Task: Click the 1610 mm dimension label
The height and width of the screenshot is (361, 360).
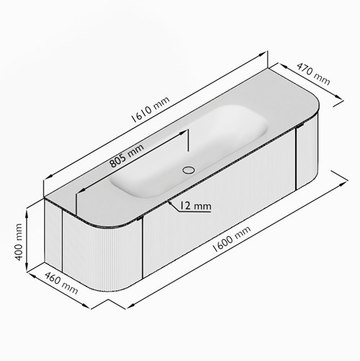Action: coord(150,109)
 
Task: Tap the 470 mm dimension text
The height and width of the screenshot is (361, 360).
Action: coord(313,74)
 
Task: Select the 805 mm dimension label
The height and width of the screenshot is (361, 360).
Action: coord(126,155)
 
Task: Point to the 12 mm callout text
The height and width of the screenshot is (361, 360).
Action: coord(196,206)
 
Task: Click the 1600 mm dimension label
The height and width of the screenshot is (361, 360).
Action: coord(232,239)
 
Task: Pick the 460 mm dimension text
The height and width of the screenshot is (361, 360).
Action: coord(61,283)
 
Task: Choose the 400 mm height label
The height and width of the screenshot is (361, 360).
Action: coord(19,242)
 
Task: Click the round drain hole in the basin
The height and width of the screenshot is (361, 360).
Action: coord(188,170)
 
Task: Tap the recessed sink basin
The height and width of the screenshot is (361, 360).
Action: coord(189,152)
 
